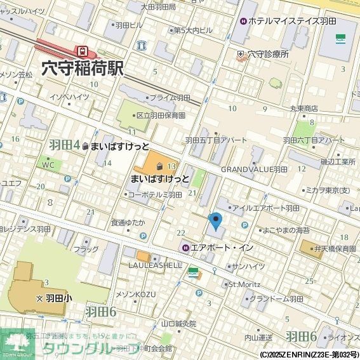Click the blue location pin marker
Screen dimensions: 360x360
[x=216, y=222]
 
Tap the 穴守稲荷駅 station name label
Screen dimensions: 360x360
[x=82, y=68]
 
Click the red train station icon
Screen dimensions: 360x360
[x=81, y=50]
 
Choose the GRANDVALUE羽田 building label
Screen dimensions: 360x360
[x=254, y=170]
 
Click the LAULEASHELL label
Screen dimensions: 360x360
[x=156, y=265]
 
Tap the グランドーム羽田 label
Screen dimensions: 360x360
[x=276, y=298]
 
